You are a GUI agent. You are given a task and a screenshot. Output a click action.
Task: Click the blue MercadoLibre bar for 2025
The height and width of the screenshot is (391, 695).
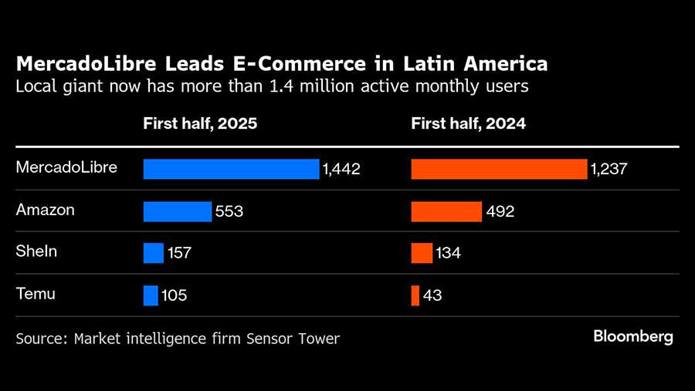pos(231,169)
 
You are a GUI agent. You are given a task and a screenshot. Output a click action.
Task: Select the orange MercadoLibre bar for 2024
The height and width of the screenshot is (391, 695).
pos(499,169)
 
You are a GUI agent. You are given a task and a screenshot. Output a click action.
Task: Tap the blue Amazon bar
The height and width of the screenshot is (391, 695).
pos(177,211)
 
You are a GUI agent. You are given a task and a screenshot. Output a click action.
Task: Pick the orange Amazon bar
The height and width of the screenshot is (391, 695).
pos(446,211)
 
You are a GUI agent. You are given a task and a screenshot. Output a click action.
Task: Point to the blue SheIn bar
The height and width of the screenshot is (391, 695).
pos(154,253)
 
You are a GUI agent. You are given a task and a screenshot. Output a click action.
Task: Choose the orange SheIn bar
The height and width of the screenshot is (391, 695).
pos(422,253)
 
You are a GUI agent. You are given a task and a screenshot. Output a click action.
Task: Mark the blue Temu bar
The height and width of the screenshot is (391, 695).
pos(151,295)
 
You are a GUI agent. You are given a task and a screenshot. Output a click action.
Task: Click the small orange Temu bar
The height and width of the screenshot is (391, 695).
pos(415,295)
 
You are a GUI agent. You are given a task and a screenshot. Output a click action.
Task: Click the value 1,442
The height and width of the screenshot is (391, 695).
pos(342,169)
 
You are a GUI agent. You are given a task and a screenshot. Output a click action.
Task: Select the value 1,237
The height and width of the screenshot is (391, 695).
pos(609,169)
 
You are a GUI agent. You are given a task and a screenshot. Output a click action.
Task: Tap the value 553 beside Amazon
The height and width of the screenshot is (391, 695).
pos(229,211)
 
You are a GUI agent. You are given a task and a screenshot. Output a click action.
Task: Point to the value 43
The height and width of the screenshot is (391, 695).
pos(432,295)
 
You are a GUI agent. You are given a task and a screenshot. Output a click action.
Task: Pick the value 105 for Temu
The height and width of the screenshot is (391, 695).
pos(174,295)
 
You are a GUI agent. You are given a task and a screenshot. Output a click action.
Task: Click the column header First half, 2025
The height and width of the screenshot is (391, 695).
pos(200,123)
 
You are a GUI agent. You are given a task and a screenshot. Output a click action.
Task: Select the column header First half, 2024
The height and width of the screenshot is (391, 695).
pos(468,123)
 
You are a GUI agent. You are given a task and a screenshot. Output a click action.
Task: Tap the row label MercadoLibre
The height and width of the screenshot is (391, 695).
pos(66,167)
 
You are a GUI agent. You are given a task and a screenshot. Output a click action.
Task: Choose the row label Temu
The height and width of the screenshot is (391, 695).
pos(36,294)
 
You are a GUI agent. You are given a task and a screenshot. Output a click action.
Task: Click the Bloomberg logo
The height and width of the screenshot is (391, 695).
pos(633,337)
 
